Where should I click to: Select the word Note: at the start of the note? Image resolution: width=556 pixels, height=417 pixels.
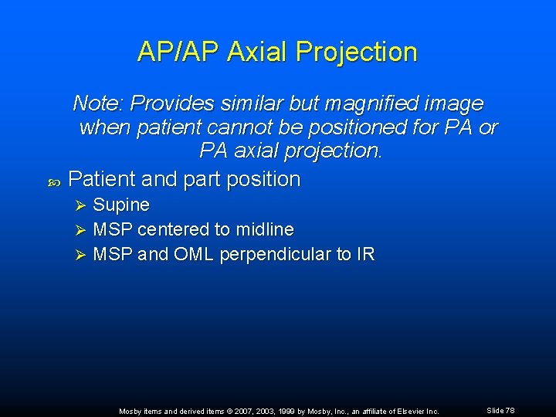pos(99,103)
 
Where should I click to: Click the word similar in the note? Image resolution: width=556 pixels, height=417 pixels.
pos(253,103)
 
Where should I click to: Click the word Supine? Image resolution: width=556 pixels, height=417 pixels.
pos(121,205)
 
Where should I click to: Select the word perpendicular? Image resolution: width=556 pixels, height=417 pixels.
pos(280,255)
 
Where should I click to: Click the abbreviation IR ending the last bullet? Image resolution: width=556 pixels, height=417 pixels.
pos(366,255)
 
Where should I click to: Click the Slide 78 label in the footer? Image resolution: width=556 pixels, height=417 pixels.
pos(500,411)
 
